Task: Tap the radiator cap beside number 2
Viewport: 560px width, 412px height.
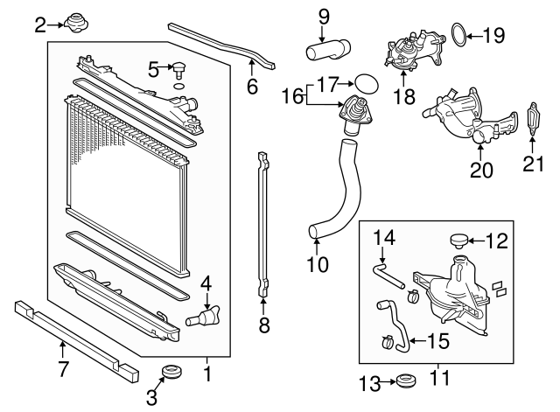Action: pyautogui.click(x=72, y=22)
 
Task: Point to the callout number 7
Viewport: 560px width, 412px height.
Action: pyautogui.click(x=63, y=369)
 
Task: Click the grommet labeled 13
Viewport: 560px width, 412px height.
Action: pyautogui.click(x=405, y=381)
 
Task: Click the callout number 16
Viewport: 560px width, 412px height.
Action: pyautogui.click(x=292, y=91)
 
